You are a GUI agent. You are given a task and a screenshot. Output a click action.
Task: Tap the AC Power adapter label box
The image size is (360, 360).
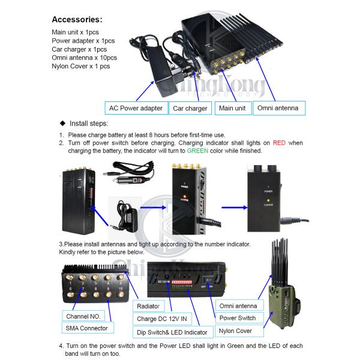click(x=136, y=109)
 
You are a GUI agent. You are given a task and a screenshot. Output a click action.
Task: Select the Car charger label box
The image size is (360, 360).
click(x=190, y=109)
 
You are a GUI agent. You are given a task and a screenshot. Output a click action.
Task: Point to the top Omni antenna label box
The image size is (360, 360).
click(x=279, y=109)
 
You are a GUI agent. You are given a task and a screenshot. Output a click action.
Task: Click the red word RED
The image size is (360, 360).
click(x=279, y=143)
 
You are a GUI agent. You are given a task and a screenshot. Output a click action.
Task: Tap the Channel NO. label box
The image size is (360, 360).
click(x=83, y=316)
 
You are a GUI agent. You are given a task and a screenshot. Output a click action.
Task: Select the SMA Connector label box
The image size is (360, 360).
click(x=86, y=328)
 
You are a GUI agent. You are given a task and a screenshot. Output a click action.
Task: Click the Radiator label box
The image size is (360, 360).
click(x=148, y=306)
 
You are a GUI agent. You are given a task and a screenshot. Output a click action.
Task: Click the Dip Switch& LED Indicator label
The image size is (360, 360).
click(x=172, y=332)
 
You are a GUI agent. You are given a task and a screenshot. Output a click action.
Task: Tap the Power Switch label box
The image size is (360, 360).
click(x=238, y=318)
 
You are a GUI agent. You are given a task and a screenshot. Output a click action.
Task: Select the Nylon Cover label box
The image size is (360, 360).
click(x=236, y=331)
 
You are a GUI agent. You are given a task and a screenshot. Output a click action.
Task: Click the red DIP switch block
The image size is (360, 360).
click(x=183, y=280)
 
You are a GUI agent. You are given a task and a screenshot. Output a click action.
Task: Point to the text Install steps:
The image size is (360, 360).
click(x=97, y=122)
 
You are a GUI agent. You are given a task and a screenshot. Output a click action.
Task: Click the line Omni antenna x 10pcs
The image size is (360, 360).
click(x=84, y=58)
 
